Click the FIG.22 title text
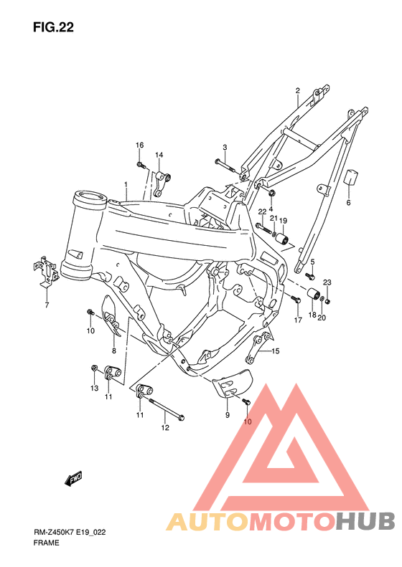(53, 28)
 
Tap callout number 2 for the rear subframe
(297, 91)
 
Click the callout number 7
(47, 305)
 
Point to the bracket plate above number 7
(45, 271)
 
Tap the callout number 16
(140, 146)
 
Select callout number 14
(159, 156)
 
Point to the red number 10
(247, 421)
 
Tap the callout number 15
(275, 351)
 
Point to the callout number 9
(227, 415)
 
